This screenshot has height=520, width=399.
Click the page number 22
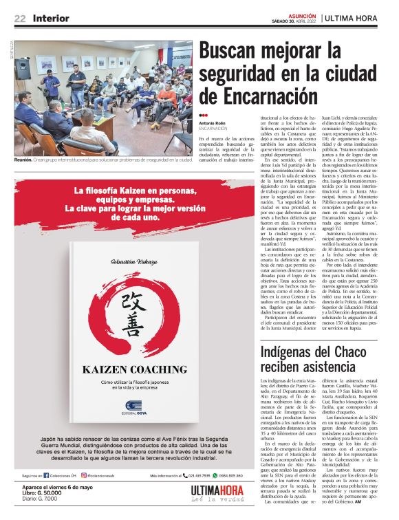tap(20, 18)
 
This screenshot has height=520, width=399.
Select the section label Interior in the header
tap(52, 18)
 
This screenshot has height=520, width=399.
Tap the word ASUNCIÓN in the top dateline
tap(301, 14)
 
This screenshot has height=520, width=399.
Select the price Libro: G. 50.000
tap(43, 494)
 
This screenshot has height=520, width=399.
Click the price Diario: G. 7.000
tap(40, 500)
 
